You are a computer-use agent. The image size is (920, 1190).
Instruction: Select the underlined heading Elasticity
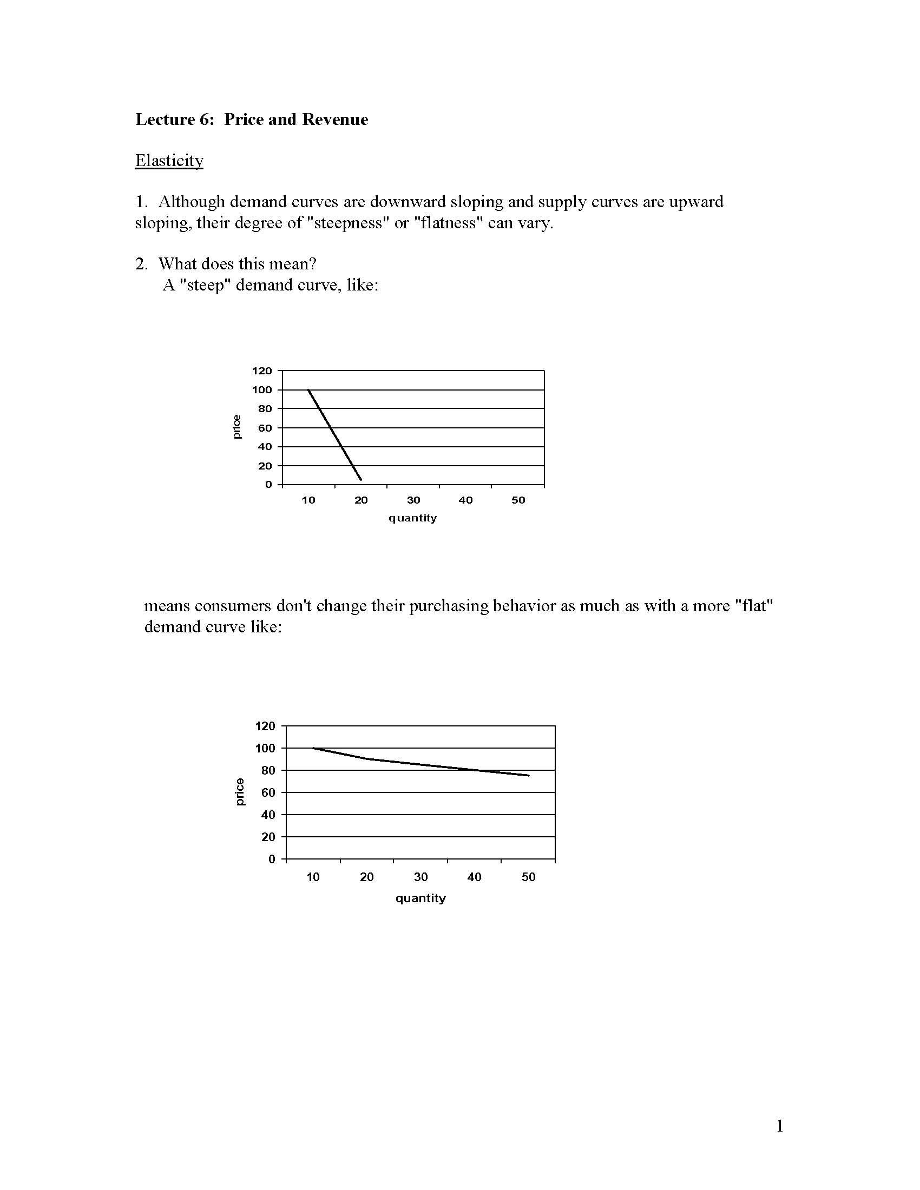(169, 160)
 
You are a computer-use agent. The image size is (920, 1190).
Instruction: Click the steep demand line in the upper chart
(334, 434)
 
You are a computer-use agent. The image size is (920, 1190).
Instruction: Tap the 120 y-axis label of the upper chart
(261, 371)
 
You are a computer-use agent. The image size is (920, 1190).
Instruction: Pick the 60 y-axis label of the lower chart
(268, 793)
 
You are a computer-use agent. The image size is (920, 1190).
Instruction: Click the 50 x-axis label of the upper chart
(518, 500)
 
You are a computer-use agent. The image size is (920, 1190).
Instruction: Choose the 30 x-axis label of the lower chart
(420, 877)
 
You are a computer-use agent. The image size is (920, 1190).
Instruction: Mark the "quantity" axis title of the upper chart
(412, 518)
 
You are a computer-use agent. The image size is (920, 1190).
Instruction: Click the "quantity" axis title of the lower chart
(420, 898)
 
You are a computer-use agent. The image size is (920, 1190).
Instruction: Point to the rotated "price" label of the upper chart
(236, 427)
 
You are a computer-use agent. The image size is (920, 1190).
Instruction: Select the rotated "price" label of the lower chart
(240, 792)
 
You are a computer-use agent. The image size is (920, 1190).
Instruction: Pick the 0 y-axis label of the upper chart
(268, 485)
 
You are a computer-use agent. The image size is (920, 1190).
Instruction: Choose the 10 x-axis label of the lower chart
(313, 877)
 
